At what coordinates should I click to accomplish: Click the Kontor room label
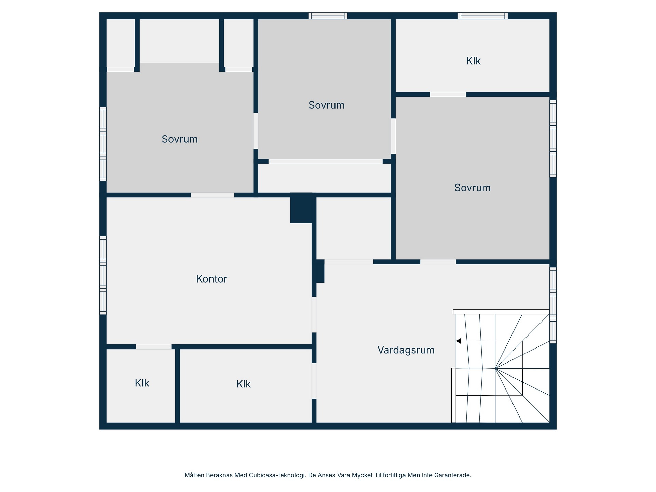(x=211, y=279)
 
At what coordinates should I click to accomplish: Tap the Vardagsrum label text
(x=406, y=350)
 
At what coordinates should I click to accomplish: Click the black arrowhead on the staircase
(x=459, y=341)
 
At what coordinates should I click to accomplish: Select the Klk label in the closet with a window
(x=473, y=61)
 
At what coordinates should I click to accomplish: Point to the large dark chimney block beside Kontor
(x=301, y=208)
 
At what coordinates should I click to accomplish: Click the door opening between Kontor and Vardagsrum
(x=314, y=315)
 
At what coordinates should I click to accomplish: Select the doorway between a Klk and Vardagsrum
(x=314, y=381)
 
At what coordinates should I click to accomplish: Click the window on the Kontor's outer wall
(x=103, y=275)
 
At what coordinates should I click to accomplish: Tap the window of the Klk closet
(x=483, y=16)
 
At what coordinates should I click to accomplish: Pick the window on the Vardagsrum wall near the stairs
(x=553, y=305)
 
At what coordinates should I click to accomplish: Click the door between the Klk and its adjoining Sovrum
(x=448, y=94)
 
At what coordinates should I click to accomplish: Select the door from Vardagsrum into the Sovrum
(x=438, y=262)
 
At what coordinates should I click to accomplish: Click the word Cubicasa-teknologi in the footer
(x=277, y=475)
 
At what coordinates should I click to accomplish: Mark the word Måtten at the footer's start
(x=194, y=475)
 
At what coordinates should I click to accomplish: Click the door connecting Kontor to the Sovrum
(x=213, y=195)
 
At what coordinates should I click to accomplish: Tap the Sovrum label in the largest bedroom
(x=472, y=188)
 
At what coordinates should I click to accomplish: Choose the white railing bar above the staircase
(x=501, y=312)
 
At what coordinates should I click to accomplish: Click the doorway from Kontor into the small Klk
(x=154, y=347)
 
